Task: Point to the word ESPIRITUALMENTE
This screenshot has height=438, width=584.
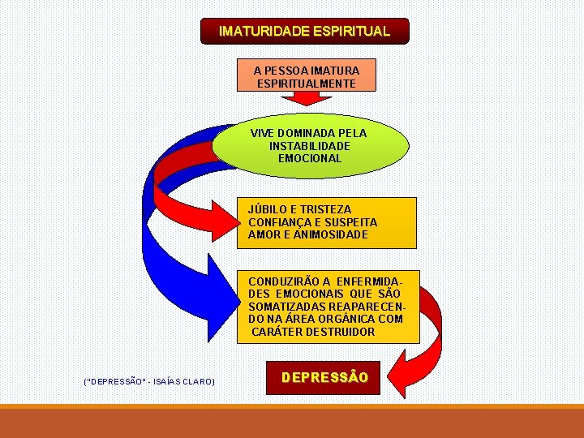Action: (x=306, y=84)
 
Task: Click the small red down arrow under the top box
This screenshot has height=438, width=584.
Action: (x=306, y=98)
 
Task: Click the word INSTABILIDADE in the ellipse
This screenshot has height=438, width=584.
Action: (x=310, y=146)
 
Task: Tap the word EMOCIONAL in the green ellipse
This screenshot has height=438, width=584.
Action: (x=310, y=159)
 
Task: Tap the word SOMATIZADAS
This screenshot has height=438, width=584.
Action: (x=287, y=307)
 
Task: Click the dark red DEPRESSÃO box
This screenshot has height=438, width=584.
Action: (x=324, y=378)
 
